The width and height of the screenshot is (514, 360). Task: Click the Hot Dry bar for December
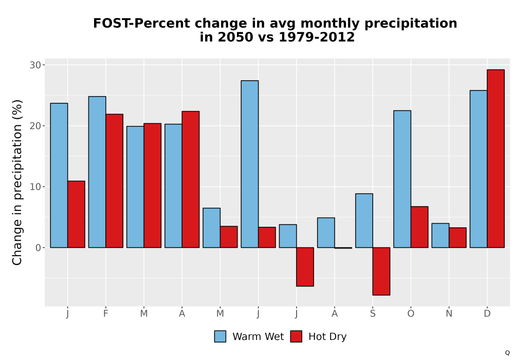click(495, 159)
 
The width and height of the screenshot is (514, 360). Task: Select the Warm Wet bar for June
click(250, 164)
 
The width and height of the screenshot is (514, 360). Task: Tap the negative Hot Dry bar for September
click(381, 272)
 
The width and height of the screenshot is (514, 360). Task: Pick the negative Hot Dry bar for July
click(305, 267)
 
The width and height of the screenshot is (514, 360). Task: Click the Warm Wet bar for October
click(402, 179)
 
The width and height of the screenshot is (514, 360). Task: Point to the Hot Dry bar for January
click(76, 214)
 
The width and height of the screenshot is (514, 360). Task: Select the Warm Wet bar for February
click(97, 172)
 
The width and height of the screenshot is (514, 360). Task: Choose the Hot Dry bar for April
click(191, 179)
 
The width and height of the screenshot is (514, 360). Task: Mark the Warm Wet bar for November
click(440, 236)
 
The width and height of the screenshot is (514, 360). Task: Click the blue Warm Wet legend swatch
click(221, 336)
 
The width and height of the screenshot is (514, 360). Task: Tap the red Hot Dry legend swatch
click(296, 336)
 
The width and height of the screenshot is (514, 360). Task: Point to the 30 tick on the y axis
click(43, 65)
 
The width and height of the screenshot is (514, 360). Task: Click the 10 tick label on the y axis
click(35, 187)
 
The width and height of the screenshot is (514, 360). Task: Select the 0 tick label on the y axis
click(39, 248)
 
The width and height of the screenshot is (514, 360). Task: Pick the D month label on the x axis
click(487, 314)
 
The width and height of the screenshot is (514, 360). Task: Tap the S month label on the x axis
click(373, 314)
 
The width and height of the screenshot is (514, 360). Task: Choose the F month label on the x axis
click(105, 314)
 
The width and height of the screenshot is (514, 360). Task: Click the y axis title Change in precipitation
click(17, 182)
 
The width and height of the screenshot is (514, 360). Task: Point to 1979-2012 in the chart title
click(317, 37)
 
